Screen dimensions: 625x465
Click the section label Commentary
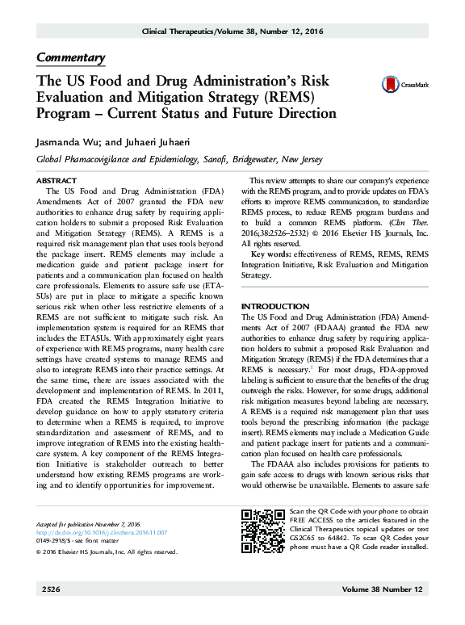(x=71, y=57)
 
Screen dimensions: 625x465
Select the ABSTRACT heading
(x=57, y=180)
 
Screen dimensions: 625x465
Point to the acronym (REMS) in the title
(x=286, y=98)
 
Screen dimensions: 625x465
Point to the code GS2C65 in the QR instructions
(x=304, y=538)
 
